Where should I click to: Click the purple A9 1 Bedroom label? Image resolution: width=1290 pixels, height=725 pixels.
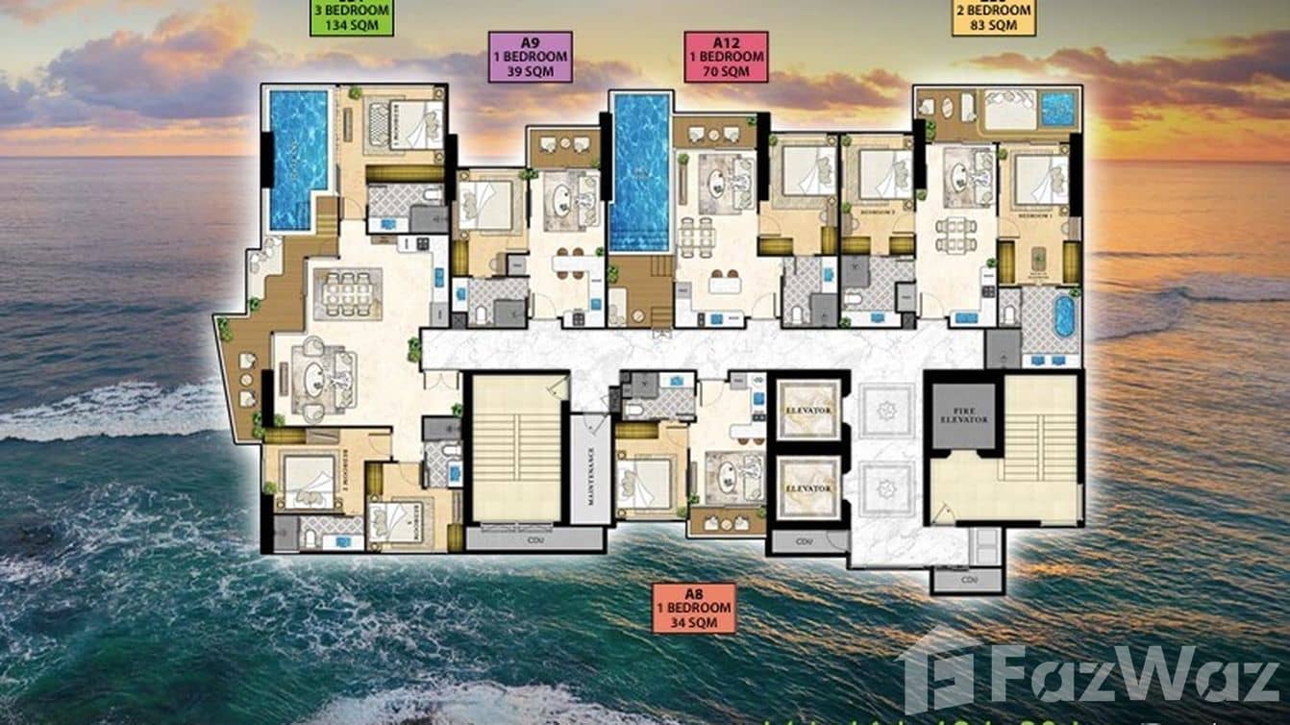pyautogui.click(x=530, y=57)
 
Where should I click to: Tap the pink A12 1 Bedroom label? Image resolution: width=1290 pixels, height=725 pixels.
pyautogui.click(x=726, y=57)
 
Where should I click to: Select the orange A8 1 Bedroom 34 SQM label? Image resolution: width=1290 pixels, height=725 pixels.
pyautogui.click(x=693, y=608)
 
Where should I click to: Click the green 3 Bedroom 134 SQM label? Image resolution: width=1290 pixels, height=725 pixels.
pyautogui.click(x=351, y=16)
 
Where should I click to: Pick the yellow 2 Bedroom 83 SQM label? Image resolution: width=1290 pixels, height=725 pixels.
pyautogui.click(x=993, y=17)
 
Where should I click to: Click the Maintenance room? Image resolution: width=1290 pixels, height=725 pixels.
pyautogui.click(x=591, y=469)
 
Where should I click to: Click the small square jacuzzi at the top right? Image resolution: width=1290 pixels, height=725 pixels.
pyautogui.click(x=1058, y=108)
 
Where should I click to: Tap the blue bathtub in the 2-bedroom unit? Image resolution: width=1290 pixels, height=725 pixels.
pyautogui.click(x=1064, y=315)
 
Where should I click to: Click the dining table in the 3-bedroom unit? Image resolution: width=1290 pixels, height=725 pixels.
pyautogui.click(x=346, y=292)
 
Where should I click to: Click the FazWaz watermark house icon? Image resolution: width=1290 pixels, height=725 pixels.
pyautogui.click(x=937, y=670)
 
